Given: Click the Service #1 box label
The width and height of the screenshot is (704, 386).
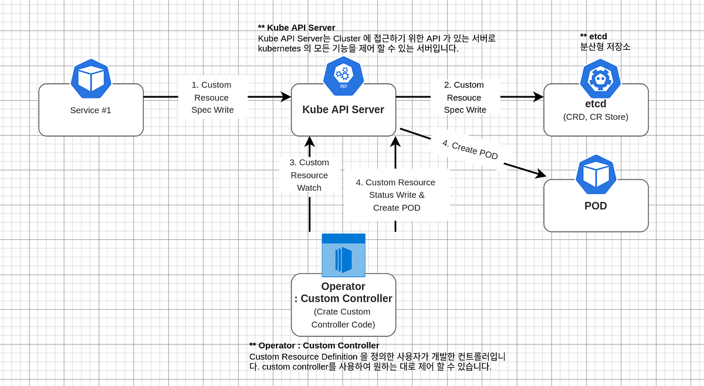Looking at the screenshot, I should (90, 110).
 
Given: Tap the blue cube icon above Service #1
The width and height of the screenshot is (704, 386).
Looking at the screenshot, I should (91, 79).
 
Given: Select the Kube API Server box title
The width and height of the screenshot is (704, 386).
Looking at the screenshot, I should (343, 110).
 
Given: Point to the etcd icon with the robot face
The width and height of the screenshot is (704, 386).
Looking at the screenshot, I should (600, 79).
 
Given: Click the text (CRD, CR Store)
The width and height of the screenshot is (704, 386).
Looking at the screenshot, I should (595, 117).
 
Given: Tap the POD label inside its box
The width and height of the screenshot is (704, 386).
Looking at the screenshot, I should (595, 206).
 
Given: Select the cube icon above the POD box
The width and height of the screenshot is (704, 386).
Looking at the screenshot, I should (595, 175).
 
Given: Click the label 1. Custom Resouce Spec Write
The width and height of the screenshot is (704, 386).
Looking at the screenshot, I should (212, 97).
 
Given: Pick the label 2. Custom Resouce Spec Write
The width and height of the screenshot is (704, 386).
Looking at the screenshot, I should (465, 97).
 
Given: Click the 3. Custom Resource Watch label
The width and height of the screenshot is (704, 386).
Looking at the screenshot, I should (309, 175).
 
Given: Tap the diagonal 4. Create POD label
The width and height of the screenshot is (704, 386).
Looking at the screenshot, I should (471, 150).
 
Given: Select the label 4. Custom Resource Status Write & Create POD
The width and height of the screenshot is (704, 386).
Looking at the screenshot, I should (396, 195).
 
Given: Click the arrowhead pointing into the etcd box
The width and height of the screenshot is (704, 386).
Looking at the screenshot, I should (539, 97).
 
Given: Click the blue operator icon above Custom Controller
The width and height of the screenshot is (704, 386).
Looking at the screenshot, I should (343, 256).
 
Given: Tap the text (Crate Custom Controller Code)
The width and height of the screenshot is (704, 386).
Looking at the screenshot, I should (343, 318).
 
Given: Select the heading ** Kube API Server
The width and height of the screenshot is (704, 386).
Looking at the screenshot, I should (296, 28).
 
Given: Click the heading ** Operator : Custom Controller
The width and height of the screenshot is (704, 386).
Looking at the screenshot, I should (314, 346).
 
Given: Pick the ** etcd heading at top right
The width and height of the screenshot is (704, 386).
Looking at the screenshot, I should (593, 36).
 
